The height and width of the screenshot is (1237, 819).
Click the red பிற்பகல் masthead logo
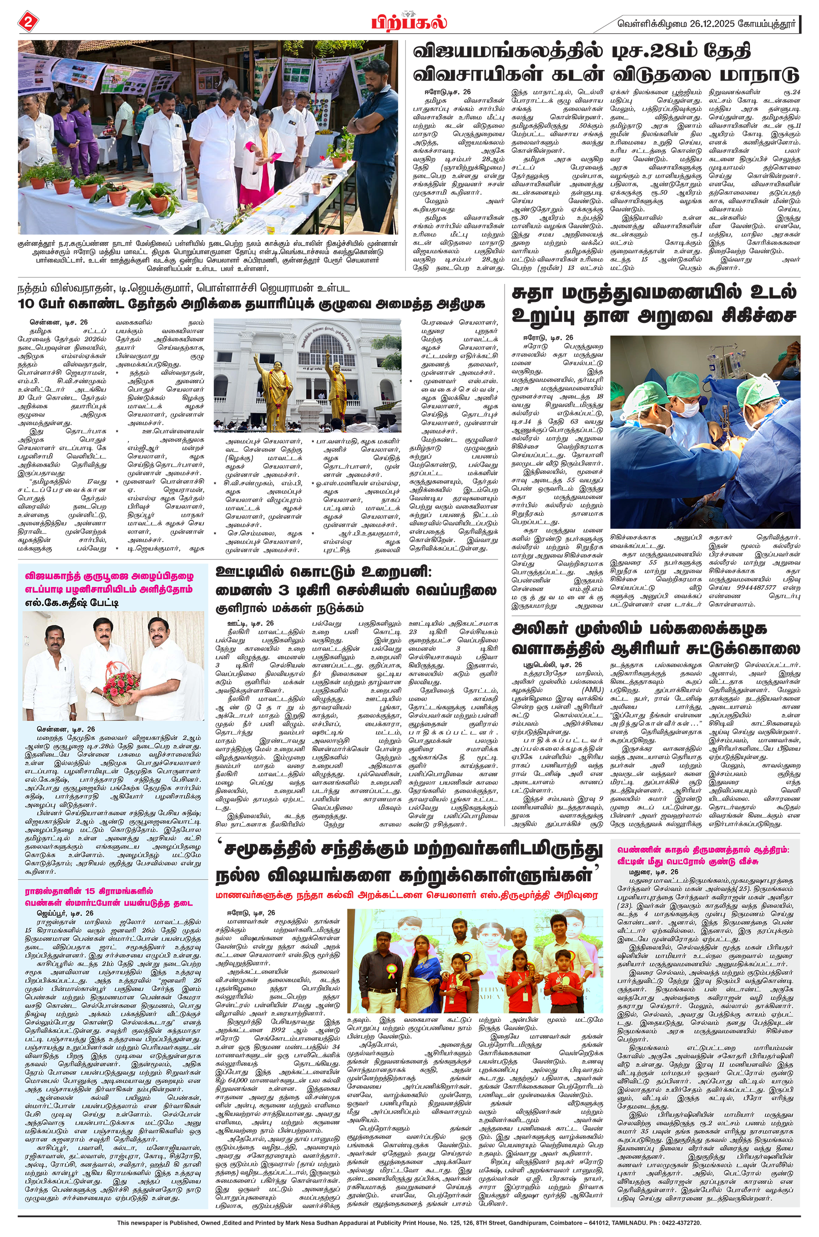click(x=409, y=22)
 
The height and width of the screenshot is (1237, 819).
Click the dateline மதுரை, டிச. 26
click(x=653, y=872)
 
